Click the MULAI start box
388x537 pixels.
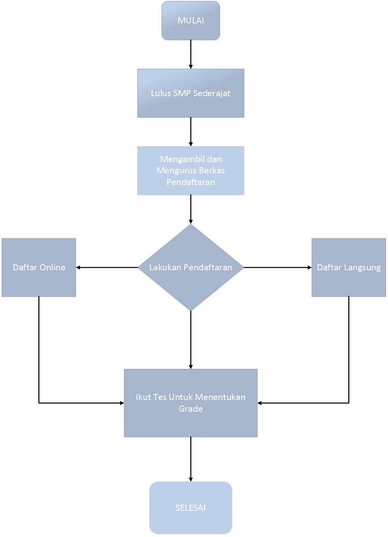[190, 21]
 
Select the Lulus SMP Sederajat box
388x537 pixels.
[190, 93]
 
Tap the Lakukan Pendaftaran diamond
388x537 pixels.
[190, 267]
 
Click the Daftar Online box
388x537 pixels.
[39, 267]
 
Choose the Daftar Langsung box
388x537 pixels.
[348, 267]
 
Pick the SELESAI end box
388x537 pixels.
[190, 508]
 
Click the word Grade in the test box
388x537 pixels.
[190, 409]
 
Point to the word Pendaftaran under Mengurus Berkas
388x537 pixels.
[190, 182]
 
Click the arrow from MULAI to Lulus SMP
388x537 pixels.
[190, 54]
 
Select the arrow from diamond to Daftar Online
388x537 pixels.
[107, 267]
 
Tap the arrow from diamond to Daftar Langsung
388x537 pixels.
[277, 267]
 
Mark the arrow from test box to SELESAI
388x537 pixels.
[190, 459]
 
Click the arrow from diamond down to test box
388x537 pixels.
[190, 339]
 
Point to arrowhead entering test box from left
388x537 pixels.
[122, 403]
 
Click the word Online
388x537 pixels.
[53, 267]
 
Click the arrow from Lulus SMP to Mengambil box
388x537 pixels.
[190, 132]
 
